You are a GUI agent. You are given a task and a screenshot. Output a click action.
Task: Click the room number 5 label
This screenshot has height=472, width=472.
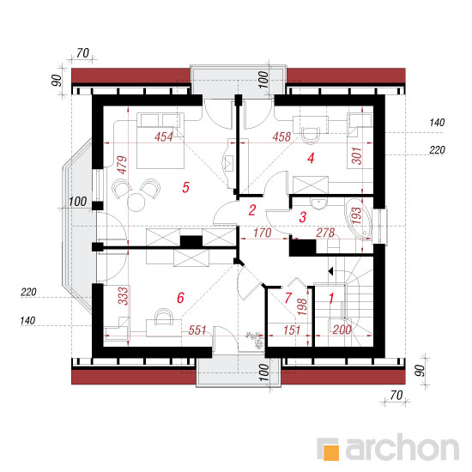(x=185, y=187)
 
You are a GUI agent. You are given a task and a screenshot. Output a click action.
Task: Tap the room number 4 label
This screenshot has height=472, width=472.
(x=311, y=158)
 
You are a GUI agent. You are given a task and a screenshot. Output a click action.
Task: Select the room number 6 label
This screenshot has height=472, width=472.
(x=180, y=298)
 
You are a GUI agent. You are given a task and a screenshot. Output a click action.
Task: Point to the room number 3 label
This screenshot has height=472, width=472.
(x=303, y=217)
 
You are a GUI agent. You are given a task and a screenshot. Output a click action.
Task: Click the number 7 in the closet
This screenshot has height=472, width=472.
(x=288, y=298)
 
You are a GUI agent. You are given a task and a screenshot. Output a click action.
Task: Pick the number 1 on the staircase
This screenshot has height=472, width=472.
(x=331, y=299)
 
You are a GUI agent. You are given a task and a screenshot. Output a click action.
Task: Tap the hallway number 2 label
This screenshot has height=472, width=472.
(x=252, y=210)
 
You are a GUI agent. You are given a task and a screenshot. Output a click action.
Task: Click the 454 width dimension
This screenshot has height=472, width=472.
(x=164, y=137)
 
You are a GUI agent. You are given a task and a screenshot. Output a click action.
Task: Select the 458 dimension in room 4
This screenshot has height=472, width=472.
(x=281, y=137)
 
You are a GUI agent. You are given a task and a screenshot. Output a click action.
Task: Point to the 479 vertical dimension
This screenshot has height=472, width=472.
(x=122, y=165)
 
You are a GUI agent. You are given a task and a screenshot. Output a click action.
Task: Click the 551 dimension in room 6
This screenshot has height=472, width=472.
(x=197, y=330)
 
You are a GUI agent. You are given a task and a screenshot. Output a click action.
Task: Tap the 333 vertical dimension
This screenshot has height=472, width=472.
(x=123, y=296)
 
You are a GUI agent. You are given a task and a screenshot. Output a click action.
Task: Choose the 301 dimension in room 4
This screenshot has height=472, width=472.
(x=357, y=155)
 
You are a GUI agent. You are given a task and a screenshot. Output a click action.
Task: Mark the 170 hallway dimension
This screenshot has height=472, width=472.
(x=263, y=233)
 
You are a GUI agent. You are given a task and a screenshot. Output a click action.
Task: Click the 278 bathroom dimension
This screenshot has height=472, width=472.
(x=325, y=233)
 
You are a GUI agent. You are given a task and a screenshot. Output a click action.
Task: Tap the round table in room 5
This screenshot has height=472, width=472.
(x=136, y=203)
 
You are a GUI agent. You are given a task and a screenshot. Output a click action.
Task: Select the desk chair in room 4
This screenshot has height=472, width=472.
(x=310, y=135)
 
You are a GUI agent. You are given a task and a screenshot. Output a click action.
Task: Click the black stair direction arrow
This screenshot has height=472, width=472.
(x=330, y=271)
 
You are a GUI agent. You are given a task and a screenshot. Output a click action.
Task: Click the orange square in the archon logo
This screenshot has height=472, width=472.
(x=330, y=452)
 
